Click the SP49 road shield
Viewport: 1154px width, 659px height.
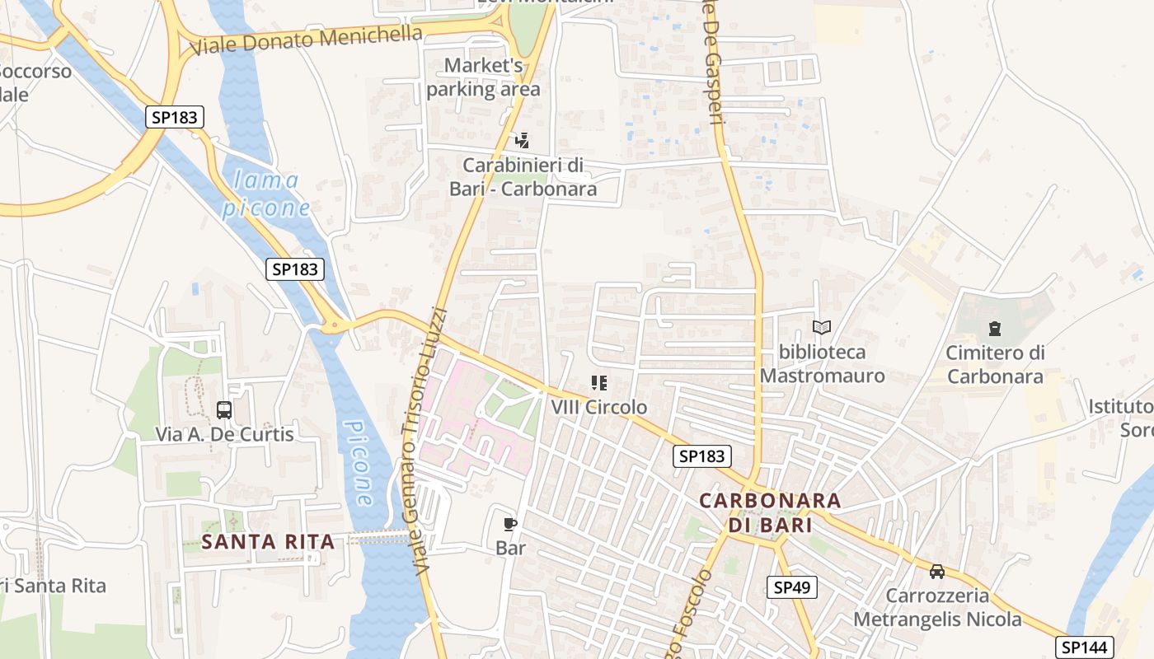point(793,587)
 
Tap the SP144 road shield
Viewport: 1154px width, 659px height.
point(1084,647)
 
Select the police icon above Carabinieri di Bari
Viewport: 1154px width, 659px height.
point(521,141)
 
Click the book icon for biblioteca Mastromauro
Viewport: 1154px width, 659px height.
point(821,328)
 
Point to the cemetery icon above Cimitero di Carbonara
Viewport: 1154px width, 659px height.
point(994,329)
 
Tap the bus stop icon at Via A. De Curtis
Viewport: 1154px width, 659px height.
point(223,409)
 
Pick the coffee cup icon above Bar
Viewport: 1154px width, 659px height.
point(510,524)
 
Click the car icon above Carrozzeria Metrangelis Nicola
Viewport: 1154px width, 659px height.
point(937,571)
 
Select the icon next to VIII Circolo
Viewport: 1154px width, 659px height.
point(599,383)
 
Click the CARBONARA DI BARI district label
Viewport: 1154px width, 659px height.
point(770,512)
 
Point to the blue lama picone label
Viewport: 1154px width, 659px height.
point(265,194)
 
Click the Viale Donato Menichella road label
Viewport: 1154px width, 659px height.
point(306,39)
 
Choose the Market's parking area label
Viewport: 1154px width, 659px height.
point(484,77)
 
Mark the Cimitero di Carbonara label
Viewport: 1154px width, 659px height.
point(995,365)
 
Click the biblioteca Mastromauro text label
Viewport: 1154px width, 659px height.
point(822,364)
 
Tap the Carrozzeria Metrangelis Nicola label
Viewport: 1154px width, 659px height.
point(937,607)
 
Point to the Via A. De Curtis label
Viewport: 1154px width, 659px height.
point(224,434)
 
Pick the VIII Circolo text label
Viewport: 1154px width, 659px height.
point(599,408)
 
